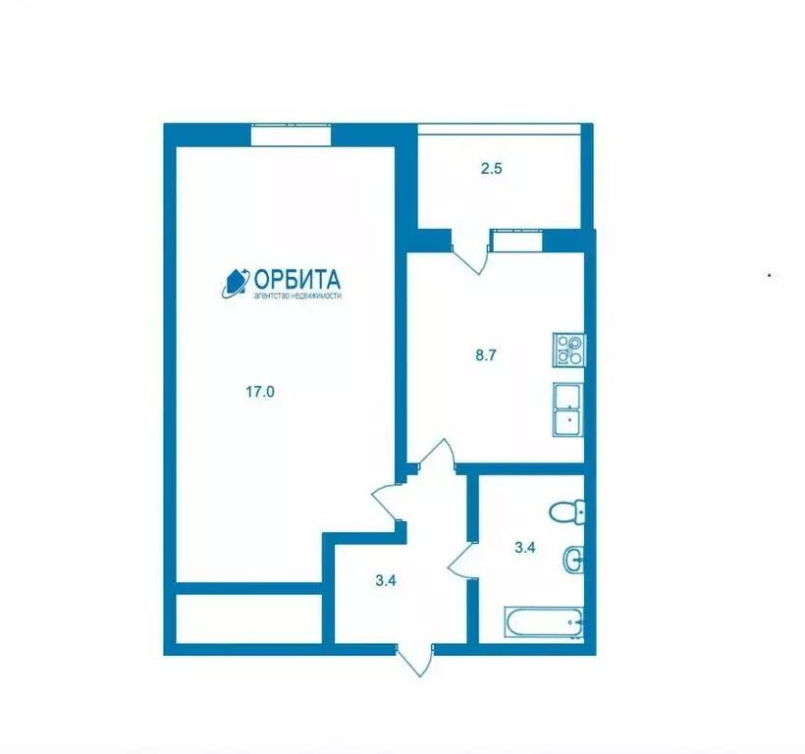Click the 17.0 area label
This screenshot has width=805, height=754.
click(259, 391)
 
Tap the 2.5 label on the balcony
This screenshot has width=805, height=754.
click(492, 169)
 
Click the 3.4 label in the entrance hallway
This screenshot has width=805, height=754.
click(386, 580)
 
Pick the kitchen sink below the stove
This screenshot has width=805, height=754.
click(568, 408)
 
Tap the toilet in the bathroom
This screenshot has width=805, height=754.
click(567, 512)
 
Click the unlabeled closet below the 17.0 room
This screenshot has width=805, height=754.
click(249, 618)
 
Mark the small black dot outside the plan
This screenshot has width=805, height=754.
click(769, 276)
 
